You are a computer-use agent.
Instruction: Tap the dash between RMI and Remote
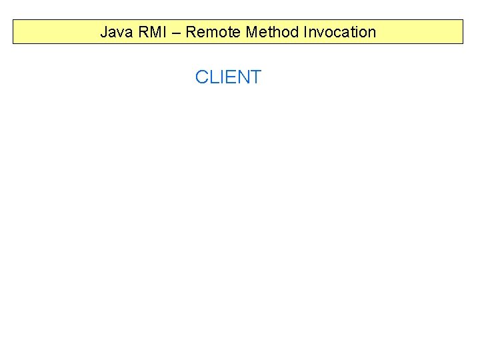point(175,33)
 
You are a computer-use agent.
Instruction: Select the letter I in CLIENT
point(223,77)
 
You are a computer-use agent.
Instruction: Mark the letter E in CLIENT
point(231,77)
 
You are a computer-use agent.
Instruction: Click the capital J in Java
point(104,32)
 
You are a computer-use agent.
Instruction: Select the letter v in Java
point(118,33)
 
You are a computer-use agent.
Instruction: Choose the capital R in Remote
point(191,32)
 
